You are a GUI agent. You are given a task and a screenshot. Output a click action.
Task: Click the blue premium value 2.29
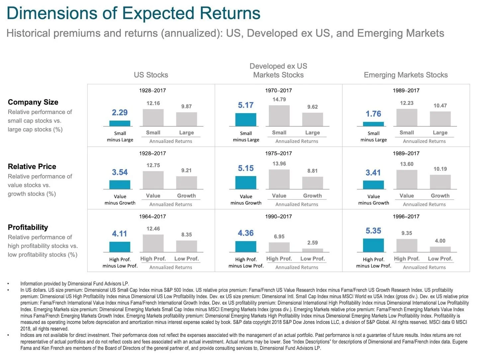tap(120, 113)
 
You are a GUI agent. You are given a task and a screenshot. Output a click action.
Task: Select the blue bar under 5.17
tap(246, 120)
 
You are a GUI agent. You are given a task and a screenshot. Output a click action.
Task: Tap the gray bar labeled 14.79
tap(279, 116)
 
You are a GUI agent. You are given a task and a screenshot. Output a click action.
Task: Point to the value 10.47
tap(440, 106)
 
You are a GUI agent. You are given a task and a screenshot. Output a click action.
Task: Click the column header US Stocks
tap(151, 75)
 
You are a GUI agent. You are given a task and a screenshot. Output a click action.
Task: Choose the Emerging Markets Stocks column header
tap(406, 75)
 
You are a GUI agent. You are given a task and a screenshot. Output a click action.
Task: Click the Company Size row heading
tap(33, 102)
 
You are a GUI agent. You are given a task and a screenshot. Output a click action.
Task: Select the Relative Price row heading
tap(32, 167)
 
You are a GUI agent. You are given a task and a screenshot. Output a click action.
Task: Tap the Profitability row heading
tap(28, 227)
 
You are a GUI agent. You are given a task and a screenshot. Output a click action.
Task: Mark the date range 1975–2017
tap(278, 153)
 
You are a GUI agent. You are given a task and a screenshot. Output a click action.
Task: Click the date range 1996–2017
tap(406, 217)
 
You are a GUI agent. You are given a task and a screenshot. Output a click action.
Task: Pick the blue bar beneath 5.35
tap(373, 245)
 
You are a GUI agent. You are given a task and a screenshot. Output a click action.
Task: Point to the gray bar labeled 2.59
tap(313, 250)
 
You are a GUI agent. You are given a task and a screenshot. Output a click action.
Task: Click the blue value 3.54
tap(120, 172)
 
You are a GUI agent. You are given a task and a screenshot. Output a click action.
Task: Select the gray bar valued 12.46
tap(153, 243)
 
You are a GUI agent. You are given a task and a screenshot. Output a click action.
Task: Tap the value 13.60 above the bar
tap(407, 164)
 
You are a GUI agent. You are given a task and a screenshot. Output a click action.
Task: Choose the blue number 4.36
tap(246, 233)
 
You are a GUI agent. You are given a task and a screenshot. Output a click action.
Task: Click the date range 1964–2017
tap(152, 217)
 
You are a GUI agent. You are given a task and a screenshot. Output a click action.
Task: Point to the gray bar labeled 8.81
tap(313, 183)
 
